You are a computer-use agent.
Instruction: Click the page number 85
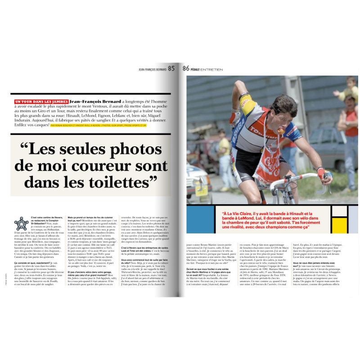[171, 68]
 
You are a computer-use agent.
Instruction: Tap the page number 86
[186, 68]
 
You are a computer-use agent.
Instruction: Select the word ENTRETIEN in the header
[211, 69]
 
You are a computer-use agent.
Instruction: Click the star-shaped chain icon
[21, 224]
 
